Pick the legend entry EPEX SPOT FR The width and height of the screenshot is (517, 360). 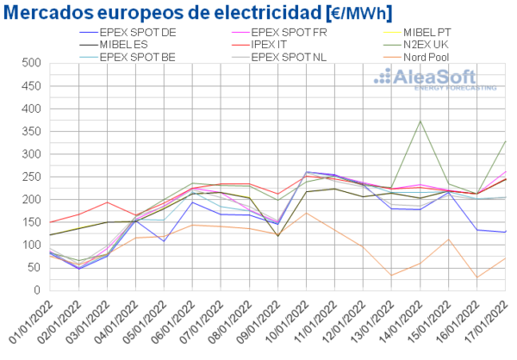[x=290, y=32]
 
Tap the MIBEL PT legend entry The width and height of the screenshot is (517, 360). [x=431, y=32]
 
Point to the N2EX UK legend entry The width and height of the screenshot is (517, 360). [x=433, y=44]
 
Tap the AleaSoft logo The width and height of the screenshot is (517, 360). [x=434, y=79]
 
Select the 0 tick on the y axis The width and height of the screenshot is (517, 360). [x=38, y=289]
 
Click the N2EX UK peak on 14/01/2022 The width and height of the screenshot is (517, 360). [x=420, y=121]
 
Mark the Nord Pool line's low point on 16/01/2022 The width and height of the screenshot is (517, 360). [x=477, y=277]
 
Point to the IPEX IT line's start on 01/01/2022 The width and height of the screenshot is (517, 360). [x=50, y=222]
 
